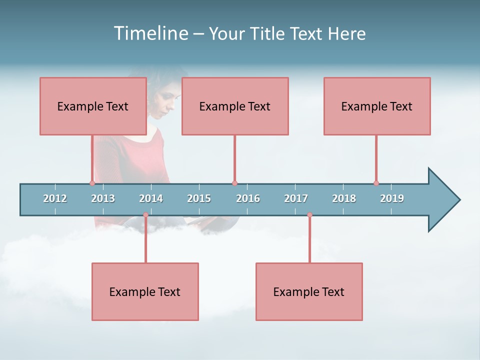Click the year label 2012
point(55,198)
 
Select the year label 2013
point(103,198)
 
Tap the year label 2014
point(151,198)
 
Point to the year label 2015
point(199,198)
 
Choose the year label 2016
point(248,198)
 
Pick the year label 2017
point(296,198)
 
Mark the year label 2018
point(344,198)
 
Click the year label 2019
point(392,198)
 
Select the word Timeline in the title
point(150,33)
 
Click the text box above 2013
point(93,106)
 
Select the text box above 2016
point(235,106)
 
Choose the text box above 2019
point(377,106)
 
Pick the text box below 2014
point(145,291)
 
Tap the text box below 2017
point(309,291)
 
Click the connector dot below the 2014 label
point(145,215)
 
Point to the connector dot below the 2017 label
point(309,215)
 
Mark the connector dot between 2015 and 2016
point(234,183)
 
